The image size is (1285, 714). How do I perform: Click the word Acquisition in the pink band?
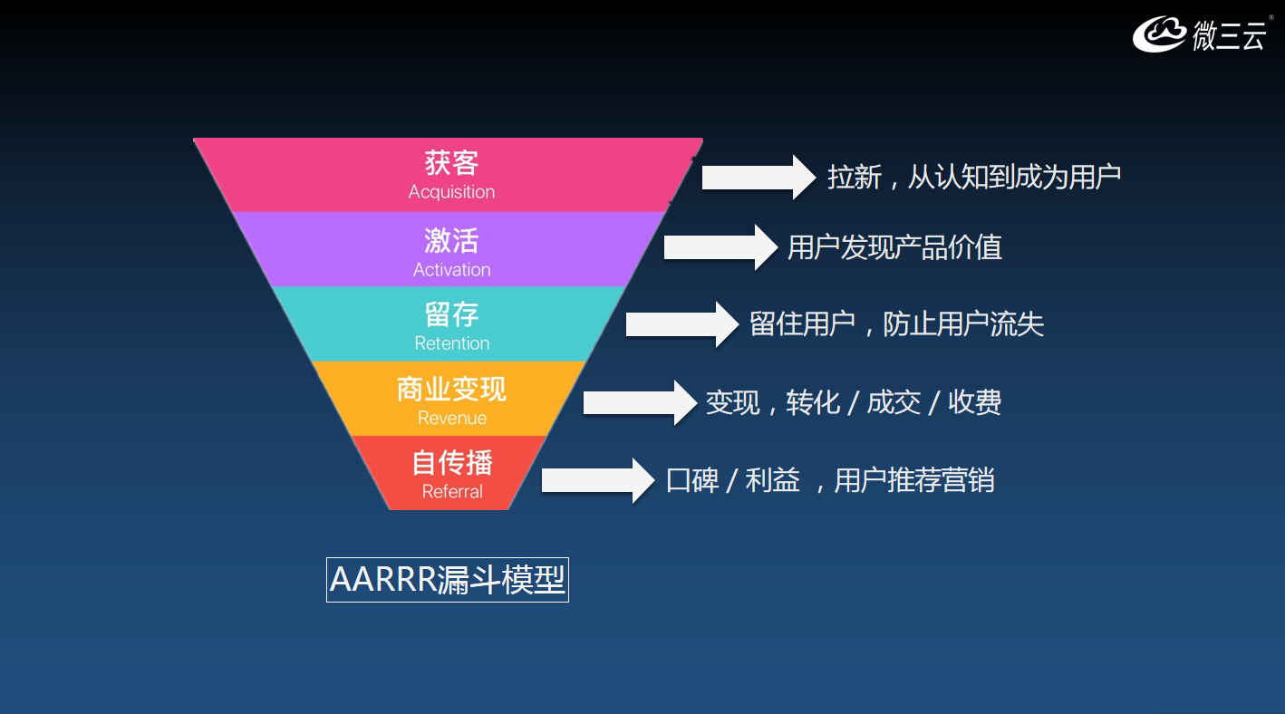pos(451,192)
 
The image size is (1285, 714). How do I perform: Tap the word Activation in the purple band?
pos(451,270)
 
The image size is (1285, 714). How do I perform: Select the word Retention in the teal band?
pos(451,343)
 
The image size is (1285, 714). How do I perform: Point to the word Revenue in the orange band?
pos(451,418)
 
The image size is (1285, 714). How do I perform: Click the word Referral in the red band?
pos(451,492)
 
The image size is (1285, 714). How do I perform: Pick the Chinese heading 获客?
pos(451,163)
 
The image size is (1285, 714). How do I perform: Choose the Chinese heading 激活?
pos(451,241)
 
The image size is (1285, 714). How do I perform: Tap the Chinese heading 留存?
pos(451,315)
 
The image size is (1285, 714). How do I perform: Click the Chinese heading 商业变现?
pos(451,390)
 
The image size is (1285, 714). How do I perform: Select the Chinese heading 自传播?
pos(451,464)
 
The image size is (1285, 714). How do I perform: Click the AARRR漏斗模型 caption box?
pos(448,580)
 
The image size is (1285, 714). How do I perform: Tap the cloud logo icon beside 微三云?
pos(1159,34)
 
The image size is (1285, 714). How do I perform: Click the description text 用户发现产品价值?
pos(894,247)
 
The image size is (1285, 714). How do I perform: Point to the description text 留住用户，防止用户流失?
pos(896,324)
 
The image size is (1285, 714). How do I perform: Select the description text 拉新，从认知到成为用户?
pos(974,177)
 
